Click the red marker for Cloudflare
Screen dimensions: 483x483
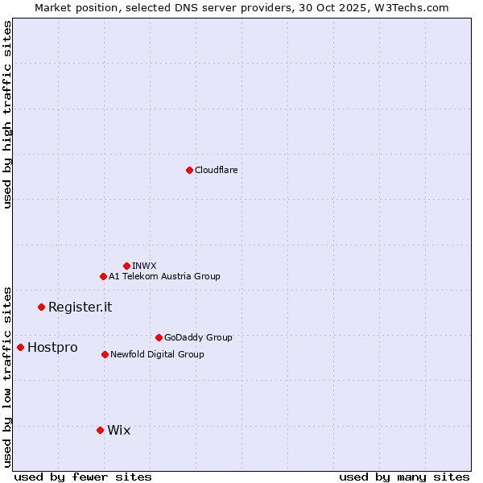pyautogui.click(x=189, y=170)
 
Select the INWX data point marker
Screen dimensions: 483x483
pyautogui.click(x=126, y=266)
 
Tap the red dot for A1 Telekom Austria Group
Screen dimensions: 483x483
pyautogui.click(x=103, y=276)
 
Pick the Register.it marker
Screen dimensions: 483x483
pyautogui.click(x=41, y=307)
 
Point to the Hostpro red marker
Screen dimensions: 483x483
pyautogui.click(x=20, y=347)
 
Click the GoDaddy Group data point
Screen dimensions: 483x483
pyautogui.click(x=159, y=337)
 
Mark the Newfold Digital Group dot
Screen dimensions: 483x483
pyautogui.click(x=105, y=354)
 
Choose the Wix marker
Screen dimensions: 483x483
pyautogui.click(x=100, y=430)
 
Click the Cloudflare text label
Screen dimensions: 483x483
pyautogui.click(x=216, y=170)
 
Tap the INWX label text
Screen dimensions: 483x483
pyautogui.click(x=144, y=266)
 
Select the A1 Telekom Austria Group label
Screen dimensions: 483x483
pyautogui.click(x=164, y=276)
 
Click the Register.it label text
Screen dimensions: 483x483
pyautogui.click(x=80, y=307)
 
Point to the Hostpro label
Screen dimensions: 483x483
pyautogui.click(x=52, y=347)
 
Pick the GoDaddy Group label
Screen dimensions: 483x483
pyautogui.click(x=198, y=337)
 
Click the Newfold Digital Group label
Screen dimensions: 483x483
pyautogui.click(x=157, y=354)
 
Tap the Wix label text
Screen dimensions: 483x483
pyautogui.click(x=118, y=430)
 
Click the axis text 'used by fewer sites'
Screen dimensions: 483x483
pyautogui.click(x=83, y=477)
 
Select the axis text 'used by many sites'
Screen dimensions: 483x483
pyautogui.click(x=404, y=477)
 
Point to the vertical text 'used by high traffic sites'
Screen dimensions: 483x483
pyautogui.click(x=7, y=114)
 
